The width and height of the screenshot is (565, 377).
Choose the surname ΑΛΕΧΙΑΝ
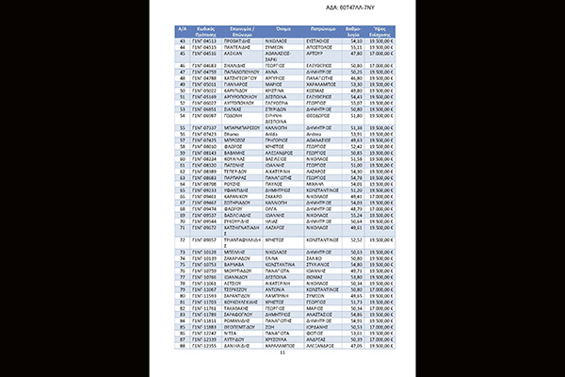(242, 55)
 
